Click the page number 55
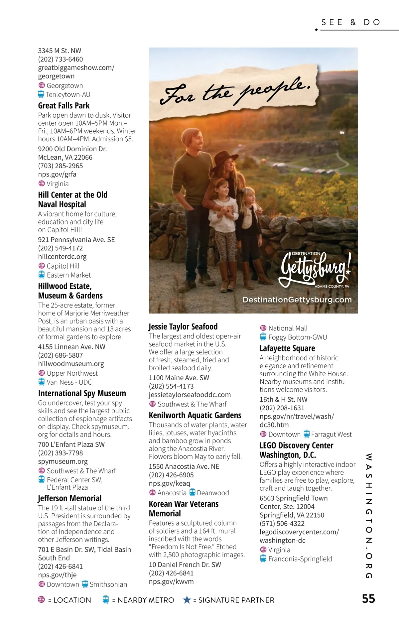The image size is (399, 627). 368,599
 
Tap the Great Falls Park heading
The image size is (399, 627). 64,106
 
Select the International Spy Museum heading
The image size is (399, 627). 82,393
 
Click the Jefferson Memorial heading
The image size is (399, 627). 70,498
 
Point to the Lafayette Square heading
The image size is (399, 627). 287,348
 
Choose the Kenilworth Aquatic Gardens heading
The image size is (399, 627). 195,415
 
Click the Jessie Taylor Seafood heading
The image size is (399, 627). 183,326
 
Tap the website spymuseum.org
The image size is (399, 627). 63,461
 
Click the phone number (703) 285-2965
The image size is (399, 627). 61,166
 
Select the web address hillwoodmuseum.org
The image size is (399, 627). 71,364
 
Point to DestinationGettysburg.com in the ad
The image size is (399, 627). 297,300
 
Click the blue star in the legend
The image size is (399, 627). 187,600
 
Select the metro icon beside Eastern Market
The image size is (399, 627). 42,275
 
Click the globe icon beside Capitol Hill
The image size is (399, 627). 42,266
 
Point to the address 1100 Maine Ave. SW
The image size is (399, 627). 179,378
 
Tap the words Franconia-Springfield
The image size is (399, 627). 300,559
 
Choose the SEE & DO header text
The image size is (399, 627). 350,22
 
